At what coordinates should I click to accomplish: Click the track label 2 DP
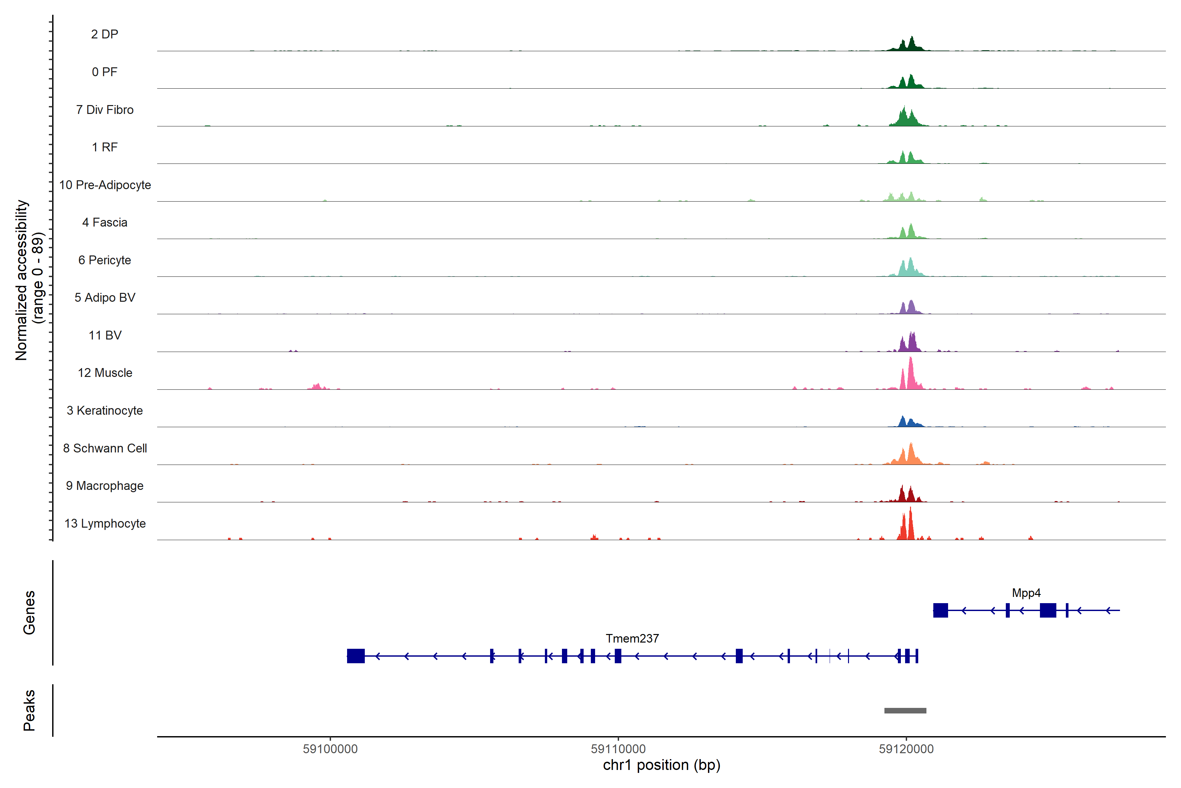coord(104,34)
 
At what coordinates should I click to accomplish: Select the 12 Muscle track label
coord(105,373)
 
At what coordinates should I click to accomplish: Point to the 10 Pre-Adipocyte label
coord(105,185)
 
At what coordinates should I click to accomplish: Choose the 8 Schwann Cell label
coord(105,448)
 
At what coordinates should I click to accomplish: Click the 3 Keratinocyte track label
coord(105,411)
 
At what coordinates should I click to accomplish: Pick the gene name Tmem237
coord(632,638)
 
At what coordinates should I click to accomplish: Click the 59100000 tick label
coord(330,749)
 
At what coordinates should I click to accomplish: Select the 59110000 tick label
coord(618,749)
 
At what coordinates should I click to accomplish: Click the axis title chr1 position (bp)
coord(661,765)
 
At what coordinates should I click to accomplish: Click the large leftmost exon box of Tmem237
coord(356,656)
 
